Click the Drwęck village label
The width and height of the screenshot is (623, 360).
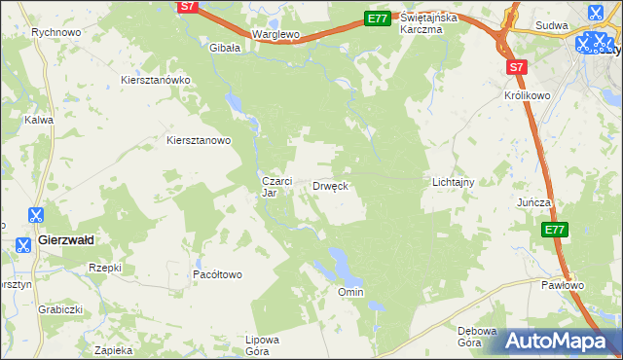[330, 185]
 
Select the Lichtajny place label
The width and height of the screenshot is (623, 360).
[453, 182]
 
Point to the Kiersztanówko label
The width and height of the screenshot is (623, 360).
[155, 80]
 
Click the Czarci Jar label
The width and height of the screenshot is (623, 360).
[272, 186]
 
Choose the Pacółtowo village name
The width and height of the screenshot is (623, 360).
[217, 274]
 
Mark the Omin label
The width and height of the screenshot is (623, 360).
[349, 292]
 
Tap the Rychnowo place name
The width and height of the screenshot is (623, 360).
[55, 32]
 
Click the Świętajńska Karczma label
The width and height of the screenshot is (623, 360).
[434, 23]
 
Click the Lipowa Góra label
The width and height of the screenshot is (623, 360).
[263, 345]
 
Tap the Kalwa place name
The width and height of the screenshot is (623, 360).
[39, 120]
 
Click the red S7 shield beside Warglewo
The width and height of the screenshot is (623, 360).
[189, 7]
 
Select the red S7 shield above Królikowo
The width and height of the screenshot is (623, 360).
[517, 67]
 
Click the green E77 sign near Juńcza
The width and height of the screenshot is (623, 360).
[554, 230]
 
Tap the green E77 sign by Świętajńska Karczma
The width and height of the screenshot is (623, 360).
[377, 18]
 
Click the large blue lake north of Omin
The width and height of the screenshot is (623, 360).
[341, 260]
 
